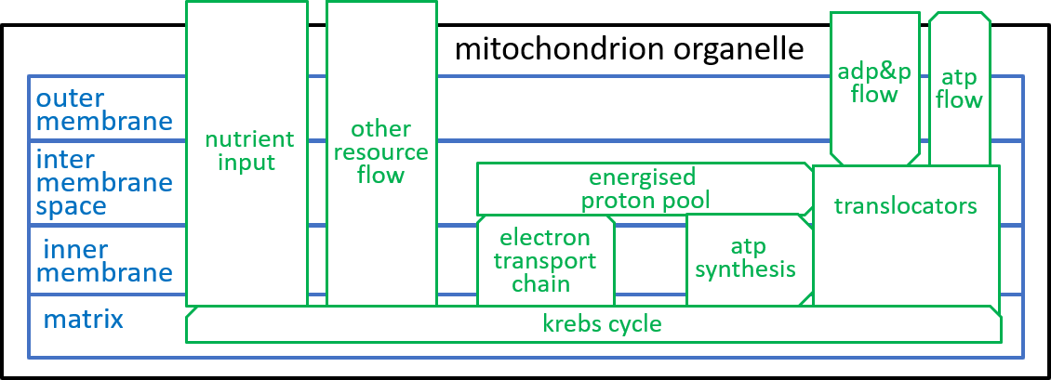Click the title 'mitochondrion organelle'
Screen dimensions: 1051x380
click(629, 49)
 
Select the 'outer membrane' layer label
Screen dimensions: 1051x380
click(104, 110)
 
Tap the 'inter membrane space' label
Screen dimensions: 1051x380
click(104, 183)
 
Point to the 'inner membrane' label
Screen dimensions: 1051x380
click(107, 261)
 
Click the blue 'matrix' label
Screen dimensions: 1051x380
click(83, 319)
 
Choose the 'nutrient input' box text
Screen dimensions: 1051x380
click(249, 151)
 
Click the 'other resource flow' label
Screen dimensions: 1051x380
click(380, 151)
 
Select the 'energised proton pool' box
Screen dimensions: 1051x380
click(645, 190)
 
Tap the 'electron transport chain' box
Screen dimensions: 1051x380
click(545, 260)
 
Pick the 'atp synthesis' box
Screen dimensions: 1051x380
click(750, 260)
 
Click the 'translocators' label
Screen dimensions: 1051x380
click(905, 205)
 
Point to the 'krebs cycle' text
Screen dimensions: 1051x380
click(602, 324)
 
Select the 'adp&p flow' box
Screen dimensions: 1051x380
click(874, 87)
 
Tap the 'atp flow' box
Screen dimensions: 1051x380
click(959, 88)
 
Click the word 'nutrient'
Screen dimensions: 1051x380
click(249, 139)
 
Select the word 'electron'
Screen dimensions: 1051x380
click(545, 238)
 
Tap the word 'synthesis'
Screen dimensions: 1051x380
click(745, 269)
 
